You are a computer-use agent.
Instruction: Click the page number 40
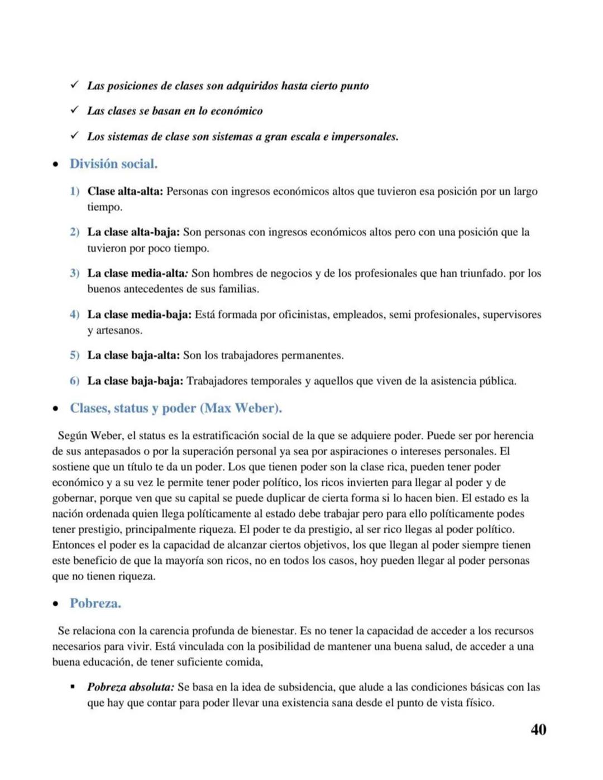[x=538, y=730]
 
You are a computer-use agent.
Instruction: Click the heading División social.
[x=113, y=164]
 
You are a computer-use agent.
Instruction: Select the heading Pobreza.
[x=95, y=604]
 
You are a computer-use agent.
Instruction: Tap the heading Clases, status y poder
[x=175, y=408]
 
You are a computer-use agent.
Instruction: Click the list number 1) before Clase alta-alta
[x=75, y=192]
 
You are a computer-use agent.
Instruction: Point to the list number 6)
[x=75, y=381]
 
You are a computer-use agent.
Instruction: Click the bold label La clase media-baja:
[x=139, y=315]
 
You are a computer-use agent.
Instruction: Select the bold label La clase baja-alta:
[x=133, y=356]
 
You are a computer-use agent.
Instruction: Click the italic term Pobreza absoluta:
[x=131, y=687]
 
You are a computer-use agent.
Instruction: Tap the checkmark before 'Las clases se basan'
[x=74, y=110]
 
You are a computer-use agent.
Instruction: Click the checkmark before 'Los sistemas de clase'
[x=74, y=136]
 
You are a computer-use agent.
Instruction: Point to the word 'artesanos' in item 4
[x=119, y=331]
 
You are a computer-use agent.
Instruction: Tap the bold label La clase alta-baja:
[x=133, y=232]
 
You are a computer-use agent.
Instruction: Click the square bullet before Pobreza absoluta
[x=73, y=687]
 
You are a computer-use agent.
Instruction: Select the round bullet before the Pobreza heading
[x=55, y=604]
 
